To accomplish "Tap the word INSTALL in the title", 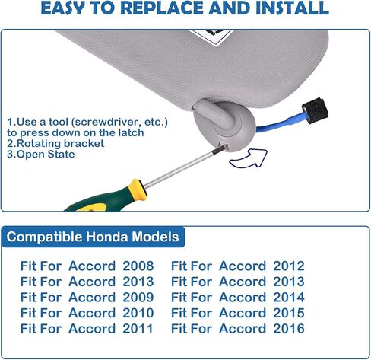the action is pyautogui.click(x=292, y=8).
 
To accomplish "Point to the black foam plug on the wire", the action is pyautogui.click(x=315, y=110).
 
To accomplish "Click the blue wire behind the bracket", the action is pyautogui.click(x=282, y=123).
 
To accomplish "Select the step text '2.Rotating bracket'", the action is pyautogui.click(x=55, y=143).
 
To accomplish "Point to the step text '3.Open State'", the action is pyautogui.click(x=41, y=154).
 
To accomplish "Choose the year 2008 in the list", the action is pyautogui.click(x=138, y=266).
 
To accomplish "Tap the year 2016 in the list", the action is pyautogui.click(x=289, y=329).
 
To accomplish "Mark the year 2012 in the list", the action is pyautogui.click(x=289, y=266).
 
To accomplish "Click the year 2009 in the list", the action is pyautogui.click(x=138, y=298).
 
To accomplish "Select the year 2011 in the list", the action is pyautogui.click(x=138, y=329).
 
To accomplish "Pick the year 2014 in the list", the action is pyautogui.click(x=289, y=298).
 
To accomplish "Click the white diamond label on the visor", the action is pyautogui.click(x=211, y=37).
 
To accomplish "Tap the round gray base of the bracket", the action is pyautogui.click(x=225, y=127).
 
